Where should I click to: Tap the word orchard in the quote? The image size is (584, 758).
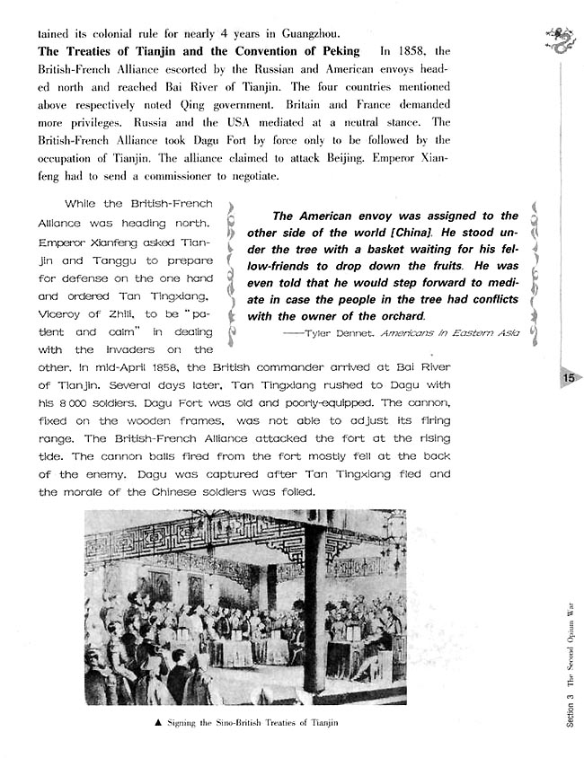[396, 316]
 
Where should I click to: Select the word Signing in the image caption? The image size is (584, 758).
[184, 723]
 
